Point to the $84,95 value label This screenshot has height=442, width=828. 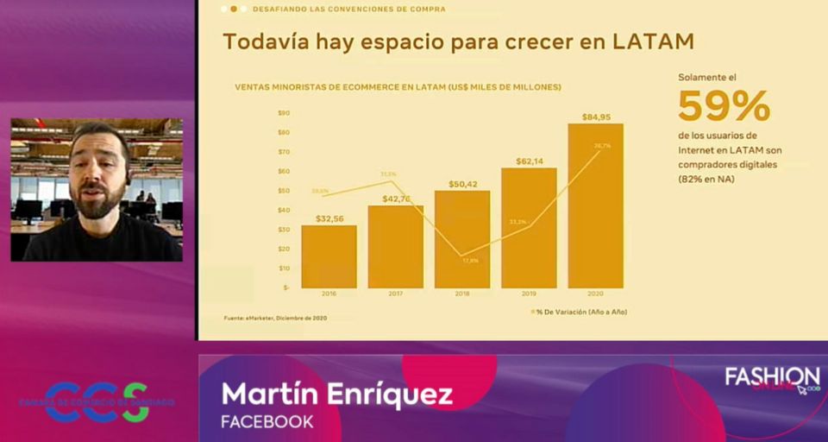(x=596, y=117)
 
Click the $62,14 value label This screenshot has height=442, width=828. (x=529, y=161)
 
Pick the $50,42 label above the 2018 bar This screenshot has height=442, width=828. (x=462, y=184)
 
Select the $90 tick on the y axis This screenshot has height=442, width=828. (x=284, y=113)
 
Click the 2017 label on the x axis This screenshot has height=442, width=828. (x=396, y=294)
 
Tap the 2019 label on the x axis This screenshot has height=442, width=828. (x=529, y=294)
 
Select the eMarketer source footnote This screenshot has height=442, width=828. (x=275, y=319)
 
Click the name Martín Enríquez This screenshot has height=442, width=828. (x=336, y=395)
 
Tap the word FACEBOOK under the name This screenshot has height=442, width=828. (x=267, y=422)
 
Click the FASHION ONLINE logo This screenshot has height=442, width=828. (x=772, y=381)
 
